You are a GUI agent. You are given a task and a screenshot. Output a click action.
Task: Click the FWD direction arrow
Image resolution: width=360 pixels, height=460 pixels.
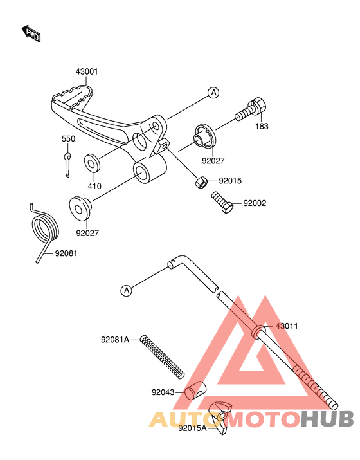tap(31, 33)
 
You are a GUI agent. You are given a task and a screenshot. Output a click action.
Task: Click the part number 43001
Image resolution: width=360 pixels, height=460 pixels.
tap(87, 71)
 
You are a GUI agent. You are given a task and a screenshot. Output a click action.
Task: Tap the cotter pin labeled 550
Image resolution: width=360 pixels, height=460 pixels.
tap(67, 164)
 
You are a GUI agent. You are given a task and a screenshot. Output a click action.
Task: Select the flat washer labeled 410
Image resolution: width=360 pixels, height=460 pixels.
tap(93, 163)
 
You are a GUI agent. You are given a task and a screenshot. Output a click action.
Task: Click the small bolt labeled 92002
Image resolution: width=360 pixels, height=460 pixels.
tap(222, 202)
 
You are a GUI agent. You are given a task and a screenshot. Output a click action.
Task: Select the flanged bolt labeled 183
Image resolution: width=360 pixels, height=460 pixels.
tap(252, 110)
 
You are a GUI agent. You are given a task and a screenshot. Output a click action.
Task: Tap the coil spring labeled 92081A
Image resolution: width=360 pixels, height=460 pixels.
tap(163, 356)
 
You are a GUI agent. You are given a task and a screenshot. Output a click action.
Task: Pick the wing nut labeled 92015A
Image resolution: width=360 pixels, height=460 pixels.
tap(220, 418)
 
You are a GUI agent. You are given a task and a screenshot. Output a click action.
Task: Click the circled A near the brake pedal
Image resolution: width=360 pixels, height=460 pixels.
tap(213, 93)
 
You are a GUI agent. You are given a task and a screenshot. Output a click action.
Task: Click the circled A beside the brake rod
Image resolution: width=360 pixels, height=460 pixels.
tap(127, 290)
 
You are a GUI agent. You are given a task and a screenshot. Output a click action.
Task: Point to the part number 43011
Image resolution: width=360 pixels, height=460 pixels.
tap(287, 326)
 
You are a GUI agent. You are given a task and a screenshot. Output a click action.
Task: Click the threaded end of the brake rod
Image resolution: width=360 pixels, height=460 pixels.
tap(316, 388)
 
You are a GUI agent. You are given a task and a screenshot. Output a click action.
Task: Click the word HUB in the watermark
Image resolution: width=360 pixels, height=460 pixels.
tap(327, 419)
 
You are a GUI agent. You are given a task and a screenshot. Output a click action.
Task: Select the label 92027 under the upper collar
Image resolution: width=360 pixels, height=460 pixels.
tap(213, 161)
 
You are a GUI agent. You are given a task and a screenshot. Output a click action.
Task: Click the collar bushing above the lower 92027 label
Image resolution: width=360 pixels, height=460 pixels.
tap(80, 208)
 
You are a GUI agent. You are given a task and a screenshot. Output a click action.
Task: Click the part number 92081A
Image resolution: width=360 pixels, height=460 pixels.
tap(115, 340)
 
